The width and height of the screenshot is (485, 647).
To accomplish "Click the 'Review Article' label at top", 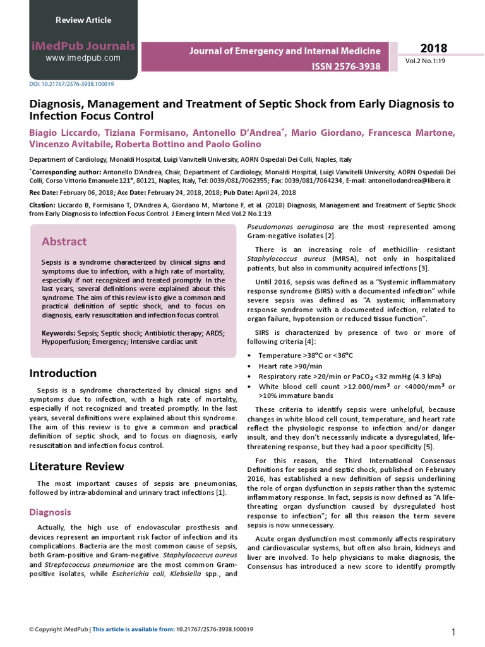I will coord(83,20).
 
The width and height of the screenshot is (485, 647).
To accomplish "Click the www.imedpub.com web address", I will coord(83,58).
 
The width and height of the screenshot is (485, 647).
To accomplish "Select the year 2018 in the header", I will coord(433,49).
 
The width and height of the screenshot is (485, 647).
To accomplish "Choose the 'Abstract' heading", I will coord(64,241).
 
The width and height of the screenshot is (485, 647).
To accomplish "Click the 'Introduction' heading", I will coord(63,373).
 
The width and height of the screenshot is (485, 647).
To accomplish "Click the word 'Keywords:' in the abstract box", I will coord(59,332).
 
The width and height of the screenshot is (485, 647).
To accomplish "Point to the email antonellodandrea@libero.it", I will coord(412,180).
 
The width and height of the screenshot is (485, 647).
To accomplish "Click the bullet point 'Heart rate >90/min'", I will coord(290,366).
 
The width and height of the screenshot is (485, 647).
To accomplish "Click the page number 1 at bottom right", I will coord(453,633).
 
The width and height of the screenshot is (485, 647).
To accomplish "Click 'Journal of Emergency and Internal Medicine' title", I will coord(285,51).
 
